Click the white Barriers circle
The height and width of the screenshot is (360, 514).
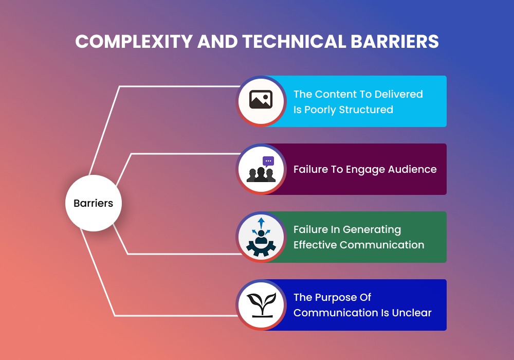pos(93,203)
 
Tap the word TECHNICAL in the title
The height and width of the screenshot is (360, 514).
pos(291,42)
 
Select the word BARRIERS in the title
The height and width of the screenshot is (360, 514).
pos(395,42)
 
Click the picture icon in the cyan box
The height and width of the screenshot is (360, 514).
pos(261,100)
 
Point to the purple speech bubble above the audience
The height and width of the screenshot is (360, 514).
pos(268,161)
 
